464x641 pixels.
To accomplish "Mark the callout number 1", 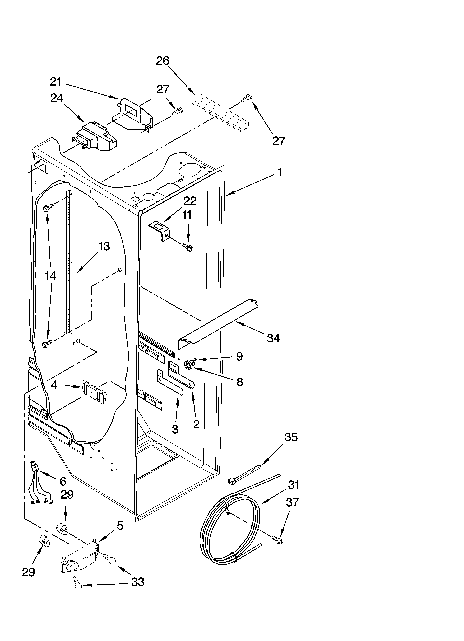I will tap(280, 172).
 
